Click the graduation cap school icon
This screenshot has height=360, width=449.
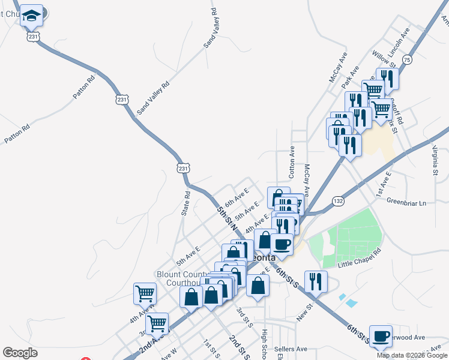click(x=31, y=16)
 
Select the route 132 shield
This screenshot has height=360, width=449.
click(x=339, y=202)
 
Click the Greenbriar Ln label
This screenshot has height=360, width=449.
click(x=406, y=203)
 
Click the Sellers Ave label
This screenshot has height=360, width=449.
click(x=290, y=349)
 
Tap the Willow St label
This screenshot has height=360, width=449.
click(x=384, y=59)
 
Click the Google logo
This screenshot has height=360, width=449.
click(x=20, y=353)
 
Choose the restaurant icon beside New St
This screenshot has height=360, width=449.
click(x=315, y=281)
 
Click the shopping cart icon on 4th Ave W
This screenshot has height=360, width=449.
click(x=145, y=293)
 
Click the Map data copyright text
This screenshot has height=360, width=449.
click(x=412, y=355)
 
